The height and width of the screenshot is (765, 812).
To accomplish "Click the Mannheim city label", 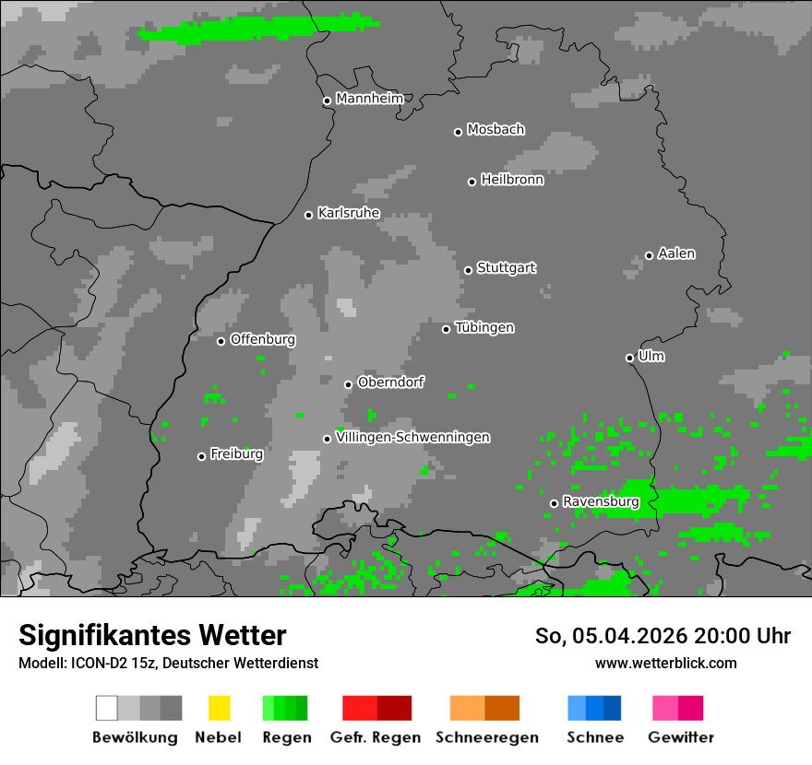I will (x=370, y=99).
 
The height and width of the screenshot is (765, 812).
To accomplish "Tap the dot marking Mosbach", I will (x=458, y=132).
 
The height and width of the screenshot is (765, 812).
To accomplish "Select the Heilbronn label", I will (x=512, y=180).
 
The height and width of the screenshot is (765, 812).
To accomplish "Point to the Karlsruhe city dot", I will (x=309, y=215).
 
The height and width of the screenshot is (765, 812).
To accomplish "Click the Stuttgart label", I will (x=507, y=268).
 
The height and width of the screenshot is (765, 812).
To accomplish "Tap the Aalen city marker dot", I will (x=649, y=255).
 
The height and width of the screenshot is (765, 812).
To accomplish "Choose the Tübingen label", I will (x=484, y=328).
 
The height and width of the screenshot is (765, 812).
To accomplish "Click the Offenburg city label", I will (x=263, y=339).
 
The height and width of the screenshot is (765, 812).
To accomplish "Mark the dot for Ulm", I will (x=629, y=358).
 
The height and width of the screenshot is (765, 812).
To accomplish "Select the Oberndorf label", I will (x=391, y=382).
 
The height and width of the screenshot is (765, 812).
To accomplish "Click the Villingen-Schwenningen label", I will (x=412, y=438).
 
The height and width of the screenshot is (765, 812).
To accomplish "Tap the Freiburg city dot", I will (x=201, y=456).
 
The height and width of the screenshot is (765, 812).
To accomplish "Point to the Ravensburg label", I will (x=601, y=502).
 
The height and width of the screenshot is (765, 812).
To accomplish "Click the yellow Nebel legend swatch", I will (x=219, y=708).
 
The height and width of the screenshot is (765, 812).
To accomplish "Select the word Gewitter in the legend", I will (x=681, y=737).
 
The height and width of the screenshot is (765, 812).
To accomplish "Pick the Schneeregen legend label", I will (x=487, y=737).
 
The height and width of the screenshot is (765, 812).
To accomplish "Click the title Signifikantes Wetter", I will (x=152, y=635).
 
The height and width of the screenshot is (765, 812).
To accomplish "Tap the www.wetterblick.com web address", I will (x=666, y=663).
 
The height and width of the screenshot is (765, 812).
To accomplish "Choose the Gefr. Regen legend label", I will (x=376, y=737).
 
